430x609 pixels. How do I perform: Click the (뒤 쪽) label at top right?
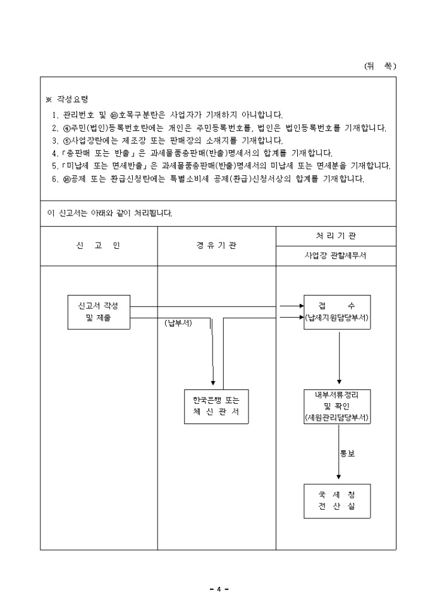[x=380, y=66]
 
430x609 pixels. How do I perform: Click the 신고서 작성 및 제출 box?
[x=99, y=311]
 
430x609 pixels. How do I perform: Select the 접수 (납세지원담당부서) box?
[x=337, y=311]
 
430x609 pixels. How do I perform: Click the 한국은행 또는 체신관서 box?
[x=216, y=406]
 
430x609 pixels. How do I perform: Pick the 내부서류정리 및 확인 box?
[x=337, y=406]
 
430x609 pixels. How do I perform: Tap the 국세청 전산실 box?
[x=337, y=500]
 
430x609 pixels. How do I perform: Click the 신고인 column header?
[x=99, y=246]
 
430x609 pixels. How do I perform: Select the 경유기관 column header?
[x=216, y=246]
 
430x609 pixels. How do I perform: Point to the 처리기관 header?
[x=336, y=235]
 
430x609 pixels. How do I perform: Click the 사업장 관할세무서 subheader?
[x=336, y=256]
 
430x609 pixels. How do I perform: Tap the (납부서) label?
[x=178, y=323]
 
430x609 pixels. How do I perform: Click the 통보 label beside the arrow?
[x=347, y=453]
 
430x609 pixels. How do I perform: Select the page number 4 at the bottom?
[x=218, y=589]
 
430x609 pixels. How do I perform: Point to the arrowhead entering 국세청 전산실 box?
[x=339, y=478]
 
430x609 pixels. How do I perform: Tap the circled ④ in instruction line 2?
[x=66, y=128]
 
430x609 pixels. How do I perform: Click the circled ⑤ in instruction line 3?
[x=66, y=141]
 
